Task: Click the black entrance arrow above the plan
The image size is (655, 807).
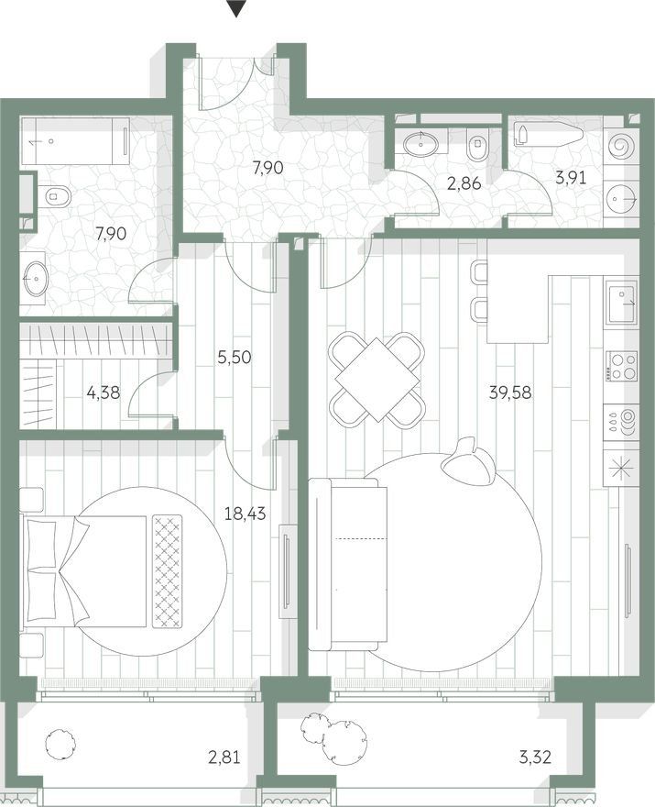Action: [x=236, y=9]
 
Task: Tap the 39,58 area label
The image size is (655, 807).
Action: [x=510, y=392]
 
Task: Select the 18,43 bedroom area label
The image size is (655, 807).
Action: [x=246, y=514]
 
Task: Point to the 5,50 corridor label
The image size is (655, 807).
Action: [x=234, y=357]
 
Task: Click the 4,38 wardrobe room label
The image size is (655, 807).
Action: [x=104, y=393]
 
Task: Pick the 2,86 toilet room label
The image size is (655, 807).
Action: [x=464, y=182]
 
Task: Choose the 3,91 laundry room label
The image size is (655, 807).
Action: [x=571, y=178]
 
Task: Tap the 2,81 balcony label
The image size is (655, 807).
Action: [x=224, y=757]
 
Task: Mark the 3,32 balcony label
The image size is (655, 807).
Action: [x=535, y=757]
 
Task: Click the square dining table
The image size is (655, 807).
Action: [x=377, y=380]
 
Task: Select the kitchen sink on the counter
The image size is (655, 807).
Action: [x=622, y=302]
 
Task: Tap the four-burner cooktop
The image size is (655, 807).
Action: [x=622, y=366]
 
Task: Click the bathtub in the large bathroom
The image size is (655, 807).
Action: [x=75, y=141]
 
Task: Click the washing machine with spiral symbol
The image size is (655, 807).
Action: [x=622, y=146]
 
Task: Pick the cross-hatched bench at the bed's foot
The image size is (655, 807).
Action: [x=168, y=571]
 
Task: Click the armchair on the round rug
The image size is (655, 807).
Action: [x=469, y=459]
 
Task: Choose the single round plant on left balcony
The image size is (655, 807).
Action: [x=60, y=743]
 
